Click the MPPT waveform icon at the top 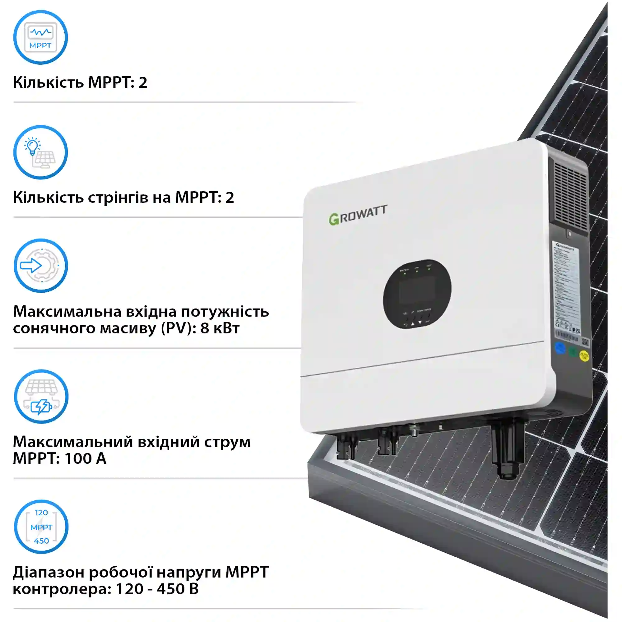(x=40, y=37)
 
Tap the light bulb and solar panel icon (x=40, y=152)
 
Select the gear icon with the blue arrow (x=41, y=266)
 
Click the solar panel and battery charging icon (x=41, y=396)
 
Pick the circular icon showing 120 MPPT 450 (x=41, y=527)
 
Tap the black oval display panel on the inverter (x=417, y=294)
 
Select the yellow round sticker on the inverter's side (x=584, y=355)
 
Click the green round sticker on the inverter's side (x=573, y=351)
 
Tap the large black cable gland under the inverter (x=507, y=451)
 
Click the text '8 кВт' (x=220, y=328)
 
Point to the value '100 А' (x=85, y=458)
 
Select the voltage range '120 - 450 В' (x=157, y=588)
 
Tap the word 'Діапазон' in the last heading (x=48, y=572)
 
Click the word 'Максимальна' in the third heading (x=67, y=312)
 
